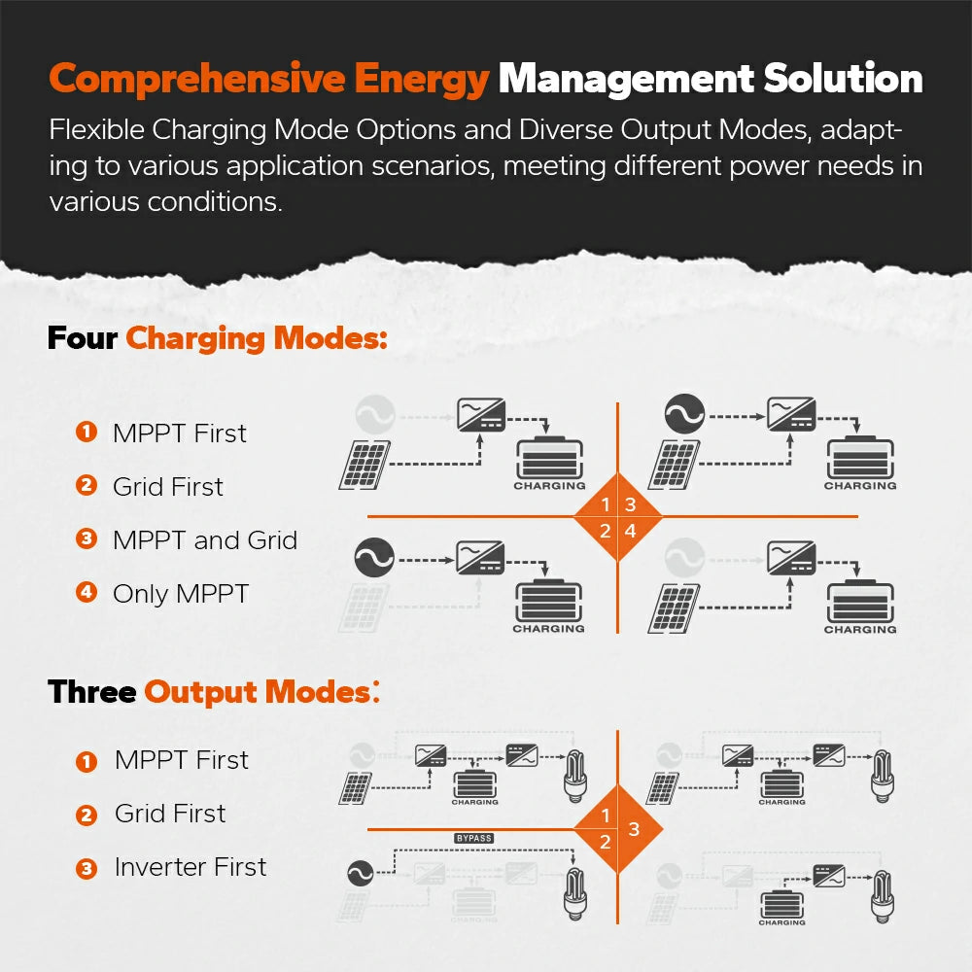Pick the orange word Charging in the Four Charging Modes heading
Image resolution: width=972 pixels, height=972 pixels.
(x=194, y=339)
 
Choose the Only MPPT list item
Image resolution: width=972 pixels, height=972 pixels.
(x=181, y=594)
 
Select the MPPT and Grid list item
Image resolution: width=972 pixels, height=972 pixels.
(x=205, y=540)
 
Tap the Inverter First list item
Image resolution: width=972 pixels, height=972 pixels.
(x=191, y=867)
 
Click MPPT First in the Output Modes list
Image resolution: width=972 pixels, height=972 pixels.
(x=182, y=760)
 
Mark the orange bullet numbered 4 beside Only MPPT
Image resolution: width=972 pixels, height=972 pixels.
(x=87, y=592)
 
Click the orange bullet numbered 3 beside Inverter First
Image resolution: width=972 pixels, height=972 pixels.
(x=87, y=868)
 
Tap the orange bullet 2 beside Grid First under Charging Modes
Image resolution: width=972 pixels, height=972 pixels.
(x=87, y=485)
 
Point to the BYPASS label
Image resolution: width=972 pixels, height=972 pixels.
(x=474, y=838)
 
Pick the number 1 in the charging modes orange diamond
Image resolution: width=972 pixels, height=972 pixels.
(x=606, y=504)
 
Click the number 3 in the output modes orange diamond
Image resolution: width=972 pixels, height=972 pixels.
(x=634, y=829)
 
